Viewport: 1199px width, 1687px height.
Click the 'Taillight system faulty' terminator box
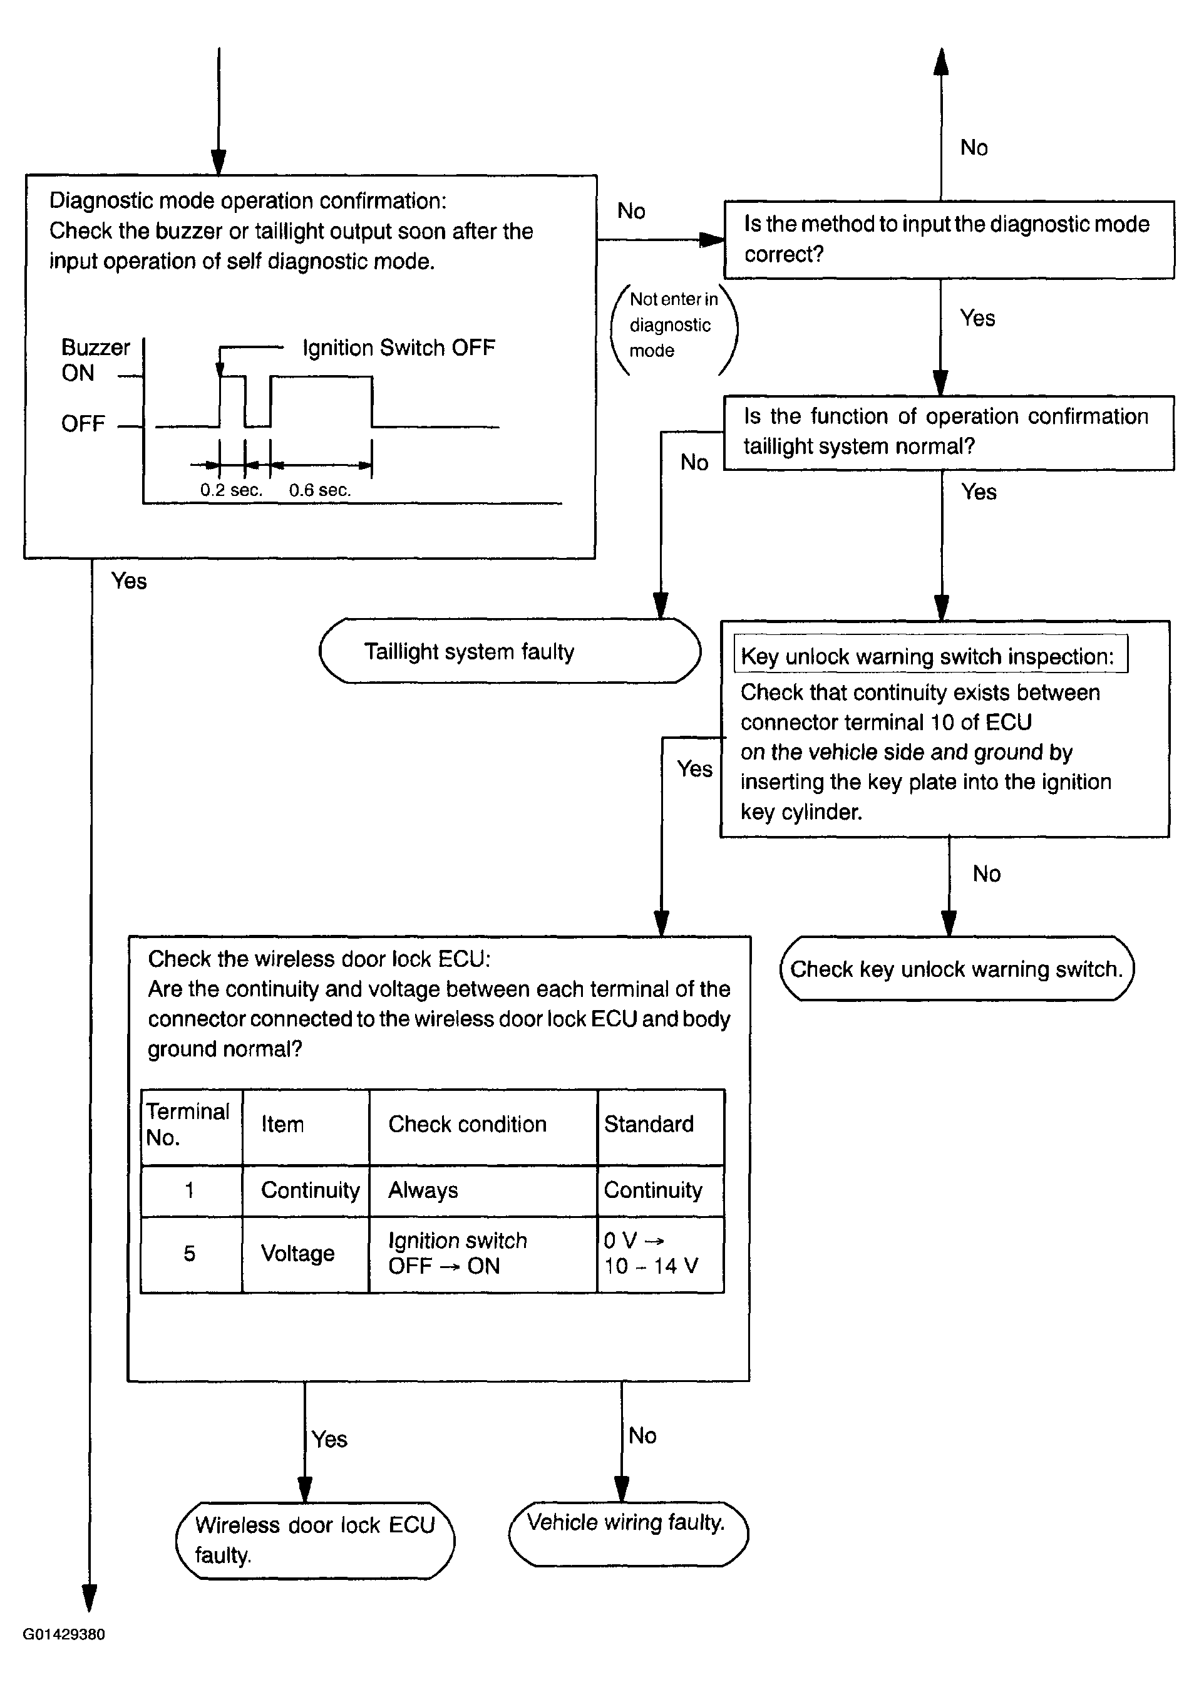510,651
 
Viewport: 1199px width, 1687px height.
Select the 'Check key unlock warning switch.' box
956,968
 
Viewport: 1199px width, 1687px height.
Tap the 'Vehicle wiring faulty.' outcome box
628,1534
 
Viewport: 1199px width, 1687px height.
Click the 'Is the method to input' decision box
949,239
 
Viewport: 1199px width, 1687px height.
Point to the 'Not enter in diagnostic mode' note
673,325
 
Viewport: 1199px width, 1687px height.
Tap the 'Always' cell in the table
423,1190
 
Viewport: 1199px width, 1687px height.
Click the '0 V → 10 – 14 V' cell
651,1254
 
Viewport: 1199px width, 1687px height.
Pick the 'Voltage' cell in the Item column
297,1253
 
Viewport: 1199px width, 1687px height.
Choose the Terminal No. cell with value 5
190,1253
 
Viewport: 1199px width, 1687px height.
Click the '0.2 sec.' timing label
231,490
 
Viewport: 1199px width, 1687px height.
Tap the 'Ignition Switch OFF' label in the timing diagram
399,347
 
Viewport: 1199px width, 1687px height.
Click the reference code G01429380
64,1634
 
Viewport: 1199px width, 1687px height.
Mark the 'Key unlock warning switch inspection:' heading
927,656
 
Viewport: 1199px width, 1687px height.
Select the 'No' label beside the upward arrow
974,148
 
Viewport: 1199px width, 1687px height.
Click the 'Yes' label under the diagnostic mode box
129,581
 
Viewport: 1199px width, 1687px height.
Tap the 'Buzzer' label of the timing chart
95,347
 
